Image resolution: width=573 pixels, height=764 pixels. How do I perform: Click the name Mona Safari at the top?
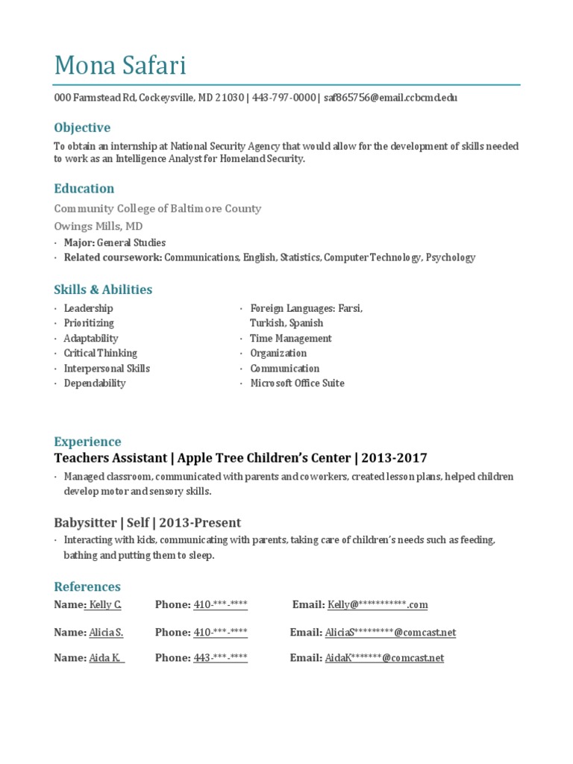pos(120,66)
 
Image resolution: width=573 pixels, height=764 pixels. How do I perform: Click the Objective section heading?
pos(82,128)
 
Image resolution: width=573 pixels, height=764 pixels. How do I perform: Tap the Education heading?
pos(84,189)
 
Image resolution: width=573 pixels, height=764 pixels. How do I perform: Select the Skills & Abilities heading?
pos(103,289)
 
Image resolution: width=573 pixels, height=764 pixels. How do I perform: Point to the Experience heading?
pos(87,442)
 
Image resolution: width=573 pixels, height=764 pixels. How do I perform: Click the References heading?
pos(87,586)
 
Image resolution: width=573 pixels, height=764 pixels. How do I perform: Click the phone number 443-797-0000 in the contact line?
pos(284,98)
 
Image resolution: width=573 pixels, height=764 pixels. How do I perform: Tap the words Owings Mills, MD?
pos(98,226)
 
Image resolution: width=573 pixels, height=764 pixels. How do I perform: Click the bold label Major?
pos(78,242)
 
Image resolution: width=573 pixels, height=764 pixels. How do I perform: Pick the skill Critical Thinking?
pos(101,354)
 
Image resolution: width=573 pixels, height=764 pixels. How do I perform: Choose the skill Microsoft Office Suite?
pos(297,383)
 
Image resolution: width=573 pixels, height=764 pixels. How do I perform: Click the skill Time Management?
pos(291,339)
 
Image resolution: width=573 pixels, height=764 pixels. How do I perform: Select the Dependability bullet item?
pos(95,383)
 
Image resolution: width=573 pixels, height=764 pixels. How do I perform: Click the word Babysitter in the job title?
pos(84,522)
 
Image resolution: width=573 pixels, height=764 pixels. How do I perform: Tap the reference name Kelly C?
pos(104,605)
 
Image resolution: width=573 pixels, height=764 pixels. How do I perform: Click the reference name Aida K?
pos(106,658)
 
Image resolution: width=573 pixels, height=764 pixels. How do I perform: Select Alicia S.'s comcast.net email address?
pos(390,633)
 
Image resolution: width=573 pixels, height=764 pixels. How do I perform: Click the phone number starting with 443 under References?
pos(220,658)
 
